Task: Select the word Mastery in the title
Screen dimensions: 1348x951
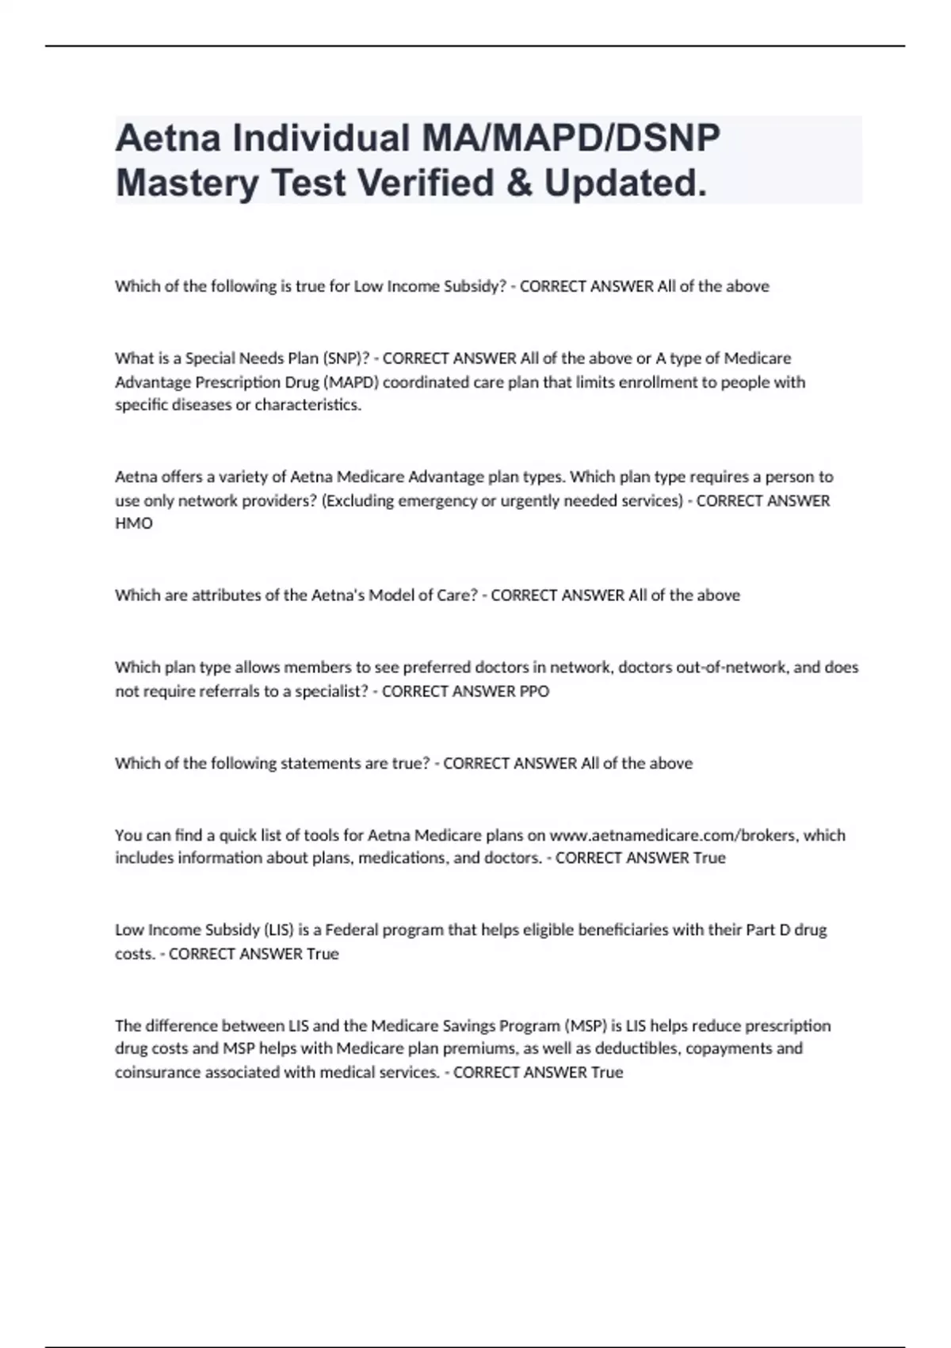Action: pos(187,183)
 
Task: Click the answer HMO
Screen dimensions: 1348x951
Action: pos(134,523)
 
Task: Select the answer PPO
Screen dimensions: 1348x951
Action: pos(533,691)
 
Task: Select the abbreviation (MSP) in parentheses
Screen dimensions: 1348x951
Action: pos(586,1025)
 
